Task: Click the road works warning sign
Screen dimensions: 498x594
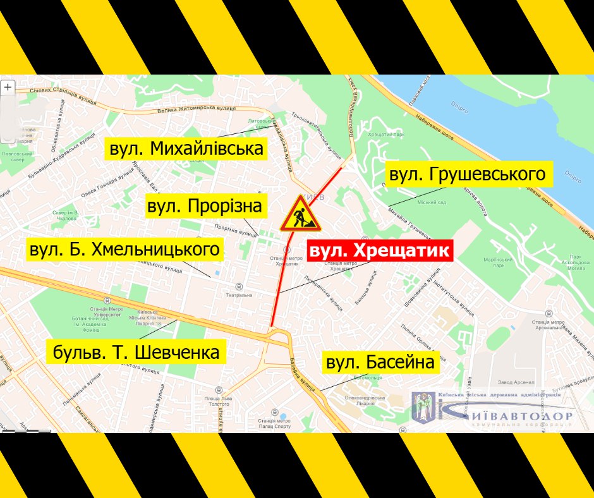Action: click(x=300, y=215)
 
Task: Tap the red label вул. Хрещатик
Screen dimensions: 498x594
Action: click(x=380, y=250)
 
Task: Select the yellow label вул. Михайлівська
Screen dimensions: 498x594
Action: click(x=186, y=150)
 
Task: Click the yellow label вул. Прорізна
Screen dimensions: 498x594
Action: click(x=204, y=206)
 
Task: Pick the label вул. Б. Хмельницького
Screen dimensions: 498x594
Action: click(x=125, y=250)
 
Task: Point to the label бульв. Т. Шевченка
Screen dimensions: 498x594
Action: click(x=136, y=351)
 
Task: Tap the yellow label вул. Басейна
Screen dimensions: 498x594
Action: click(x=380, y=363)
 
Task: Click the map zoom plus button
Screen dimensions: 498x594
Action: click(x=8, y=87)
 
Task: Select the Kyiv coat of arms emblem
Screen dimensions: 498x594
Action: click(x=421, y=407)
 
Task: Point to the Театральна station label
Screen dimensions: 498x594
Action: click(x=239, y=295)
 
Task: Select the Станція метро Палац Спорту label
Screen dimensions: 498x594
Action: click(x=274, y=423)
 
